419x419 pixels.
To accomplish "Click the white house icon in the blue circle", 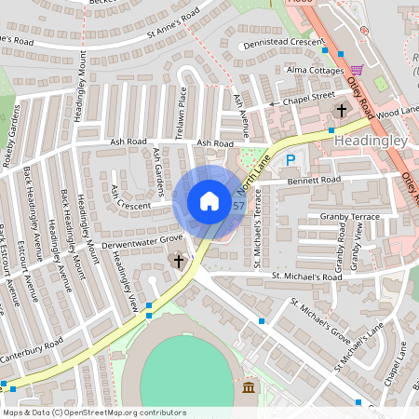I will pyautogui.click(x=209, y=201).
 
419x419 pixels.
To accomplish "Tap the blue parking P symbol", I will pyautogui.click(x=291, y=160).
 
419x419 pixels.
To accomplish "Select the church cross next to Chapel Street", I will pyautogui.click(x=341, y=110).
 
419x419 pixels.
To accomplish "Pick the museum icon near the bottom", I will pyautogui.click(x=248, y=387).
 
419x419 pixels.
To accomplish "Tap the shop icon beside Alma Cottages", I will pyautogui.click(x=358, y=70).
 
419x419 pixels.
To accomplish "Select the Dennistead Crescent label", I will pyautogui.click(x=279, y=43).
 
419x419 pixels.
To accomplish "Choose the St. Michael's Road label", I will pyautogui.click(x=306, y=277).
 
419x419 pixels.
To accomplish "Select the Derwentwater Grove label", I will pyautogui.click(x=144, y=239).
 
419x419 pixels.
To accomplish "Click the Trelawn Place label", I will pyautogui.click(x=183, y=109).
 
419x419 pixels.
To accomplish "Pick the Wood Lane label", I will pyautogui.click(x=399, y=111).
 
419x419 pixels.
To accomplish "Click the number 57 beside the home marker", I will pyautogui.click(x=239, y=205).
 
